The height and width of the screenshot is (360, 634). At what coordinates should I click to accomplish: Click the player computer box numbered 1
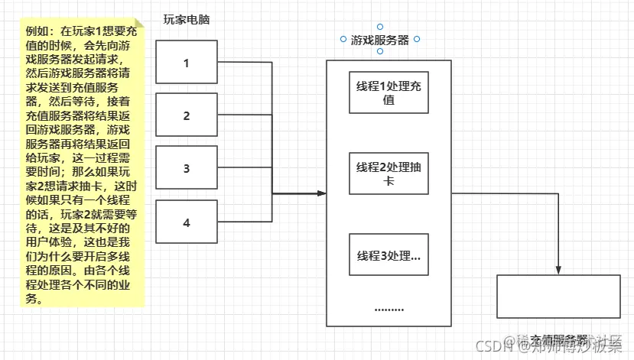[187, 62]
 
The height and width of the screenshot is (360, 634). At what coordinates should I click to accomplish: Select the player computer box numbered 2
[187, 115]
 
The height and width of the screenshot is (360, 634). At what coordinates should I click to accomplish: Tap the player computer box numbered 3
[187, 169]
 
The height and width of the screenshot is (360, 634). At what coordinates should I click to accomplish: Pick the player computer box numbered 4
[187, 222]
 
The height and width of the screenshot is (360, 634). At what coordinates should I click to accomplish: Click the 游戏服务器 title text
[380, 41]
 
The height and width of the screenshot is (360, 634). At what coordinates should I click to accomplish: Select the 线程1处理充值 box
[388, 92]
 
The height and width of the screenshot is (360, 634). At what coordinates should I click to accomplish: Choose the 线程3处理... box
[388, 255]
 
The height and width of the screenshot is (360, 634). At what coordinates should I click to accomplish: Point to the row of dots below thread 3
[389, 310]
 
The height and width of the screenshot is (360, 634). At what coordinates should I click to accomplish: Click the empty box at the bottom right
[558, 297]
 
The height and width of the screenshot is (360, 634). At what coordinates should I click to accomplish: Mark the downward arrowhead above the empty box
[559, 270]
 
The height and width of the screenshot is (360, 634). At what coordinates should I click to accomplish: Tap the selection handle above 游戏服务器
[380, 27]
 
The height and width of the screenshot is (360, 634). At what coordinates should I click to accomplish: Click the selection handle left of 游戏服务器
[343, 39]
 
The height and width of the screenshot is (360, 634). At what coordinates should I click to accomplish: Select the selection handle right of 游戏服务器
[417, 39]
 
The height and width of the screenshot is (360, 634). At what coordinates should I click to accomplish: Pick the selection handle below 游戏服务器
[380, 51]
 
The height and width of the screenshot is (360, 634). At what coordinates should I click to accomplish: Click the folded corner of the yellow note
[138, 24]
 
